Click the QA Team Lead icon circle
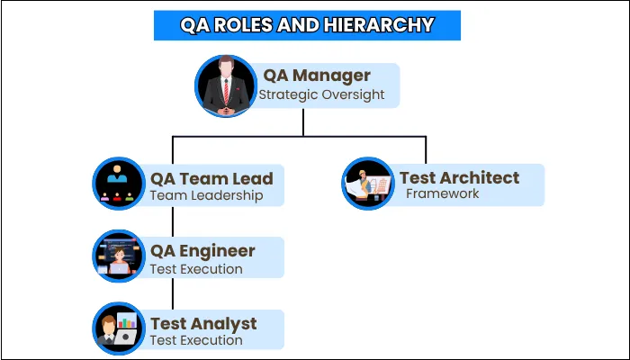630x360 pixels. tap(120, 184)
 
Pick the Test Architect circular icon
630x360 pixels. tap(368, 184)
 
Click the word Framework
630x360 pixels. tap(442, 193)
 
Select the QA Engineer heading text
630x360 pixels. tap(202, 251)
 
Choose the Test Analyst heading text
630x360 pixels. tap(203, 323)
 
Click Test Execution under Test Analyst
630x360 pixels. tap(196, 340)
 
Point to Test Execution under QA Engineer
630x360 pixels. tap(196, 268)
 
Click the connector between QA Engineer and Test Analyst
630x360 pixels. tap(173, 293)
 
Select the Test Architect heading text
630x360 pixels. tap(459, 177)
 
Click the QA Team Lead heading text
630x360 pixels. tap(211, 178)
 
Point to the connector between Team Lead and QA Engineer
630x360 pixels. tap(173, 221)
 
